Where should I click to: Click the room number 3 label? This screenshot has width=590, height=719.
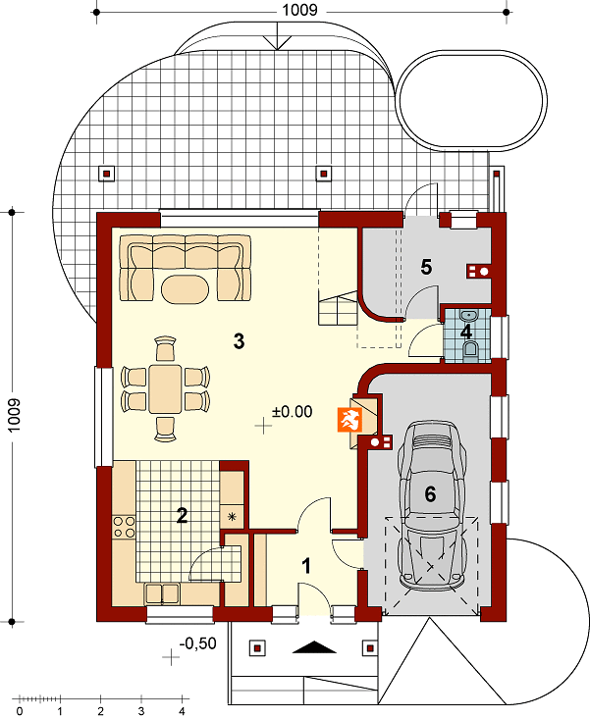click(239, 341)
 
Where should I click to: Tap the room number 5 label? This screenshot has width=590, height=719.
click(426, 267)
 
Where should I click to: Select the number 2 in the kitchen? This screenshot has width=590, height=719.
click(183, 516)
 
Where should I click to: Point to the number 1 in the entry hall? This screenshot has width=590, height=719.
click(306, 566)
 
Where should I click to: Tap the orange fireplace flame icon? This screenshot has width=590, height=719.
click(350, 420)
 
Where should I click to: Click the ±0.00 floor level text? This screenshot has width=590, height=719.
click(293, 411)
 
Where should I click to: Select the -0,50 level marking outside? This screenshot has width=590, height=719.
click(197, 643)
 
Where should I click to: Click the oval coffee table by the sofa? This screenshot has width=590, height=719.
click(186, 288)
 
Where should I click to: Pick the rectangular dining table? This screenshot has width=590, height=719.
click(165, 387)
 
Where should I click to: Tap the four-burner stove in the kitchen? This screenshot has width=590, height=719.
click(125, 527)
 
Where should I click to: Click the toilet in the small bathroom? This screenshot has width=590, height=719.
click(470, 349)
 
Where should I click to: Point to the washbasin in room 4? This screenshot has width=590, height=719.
click(468, 316)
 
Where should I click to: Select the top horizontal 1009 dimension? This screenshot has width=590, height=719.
click(299, 10)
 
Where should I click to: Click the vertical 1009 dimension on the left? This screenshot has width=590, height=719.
click(14, 415)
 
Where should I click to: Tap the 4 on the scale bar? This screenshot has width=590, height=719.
click(183, 711)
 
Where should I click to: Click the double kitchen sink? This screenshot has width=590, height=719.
click(162, 593)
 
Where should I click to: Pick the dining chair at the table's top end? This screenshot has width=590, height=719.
click(165, 348)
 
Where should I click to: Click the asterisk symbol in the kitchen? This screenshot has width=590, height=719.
click(232, 517)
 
